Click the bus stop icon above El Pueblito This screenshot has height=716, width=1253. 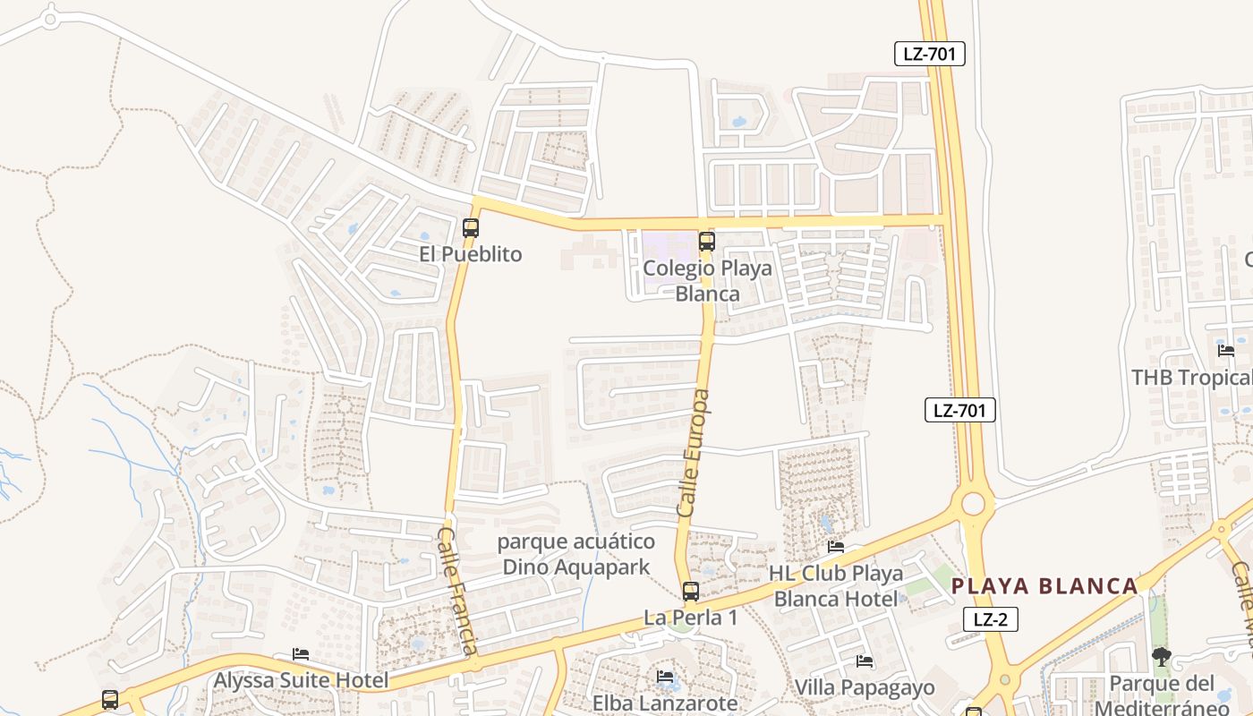(x=471, y=227)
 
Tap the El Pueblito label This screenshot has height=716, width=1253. (x=470, y=254)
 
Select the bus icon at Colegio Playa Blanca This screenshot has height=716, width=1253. (x=706, y=241)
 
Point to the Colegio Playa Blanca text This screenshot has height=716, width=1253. (x=707, y=280)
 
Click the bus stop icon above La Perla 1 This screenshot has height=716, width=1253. (x=690, y=591)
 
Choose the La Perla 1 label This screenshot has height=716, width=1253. (x=691, y=618)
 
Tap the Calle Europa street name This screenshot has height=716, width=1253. (x=694, y=453)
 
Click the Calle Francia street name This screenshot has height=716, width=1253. (x=456, y=591)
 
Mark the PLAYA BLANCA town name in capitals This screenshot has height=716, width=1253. (x=1044, y=586)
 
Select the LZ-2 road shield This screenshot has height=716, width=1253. (x=991, y=618)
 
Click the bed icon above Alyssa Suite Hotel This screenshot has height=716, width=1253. (x=301, y=654)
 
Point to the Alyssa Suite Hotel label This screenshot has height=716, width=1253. (x=301, y=680)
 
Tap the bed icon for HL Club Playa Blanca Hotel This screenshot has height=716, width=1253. (x=836, y=547)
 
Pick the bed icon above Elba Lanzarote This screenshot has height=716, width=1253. (x=665, y=677)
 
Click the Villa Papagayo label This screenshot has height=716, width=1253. (x=865, y=687)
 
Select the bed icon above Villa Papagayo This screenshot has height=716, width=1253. (x=865, y=661)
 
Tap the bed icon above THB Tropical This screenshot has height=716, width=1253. (x=1226, y=350)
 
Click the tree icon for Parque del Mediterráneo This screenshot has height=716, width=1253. (x=1162, y=658)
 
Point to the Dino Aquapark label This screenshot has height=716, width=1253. (x=576, y=566)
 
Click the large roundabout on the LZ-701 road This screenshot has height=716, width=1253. (x=973, y=504)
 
